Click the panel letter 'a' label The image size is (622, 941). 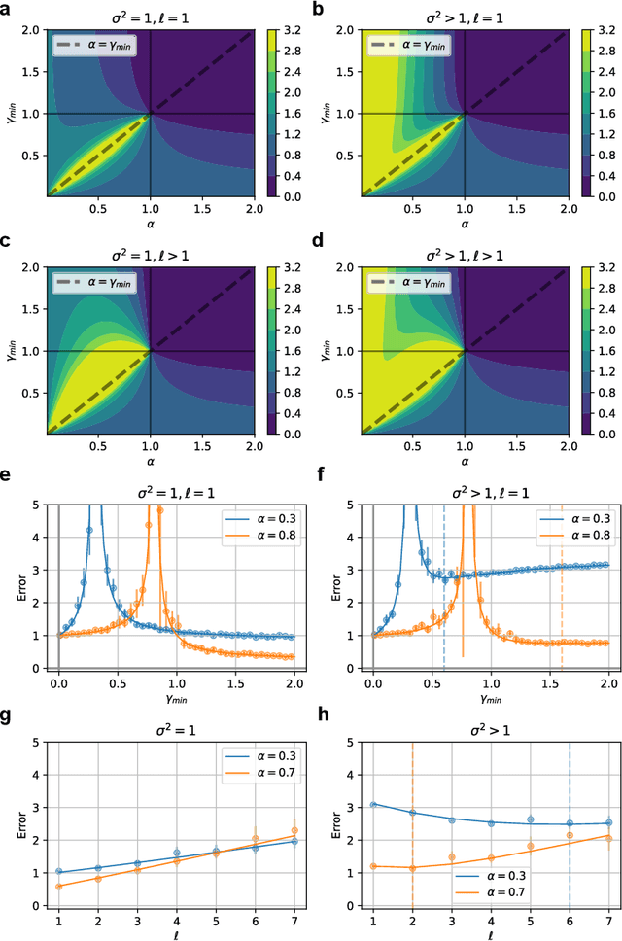[x=7, y=8]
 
